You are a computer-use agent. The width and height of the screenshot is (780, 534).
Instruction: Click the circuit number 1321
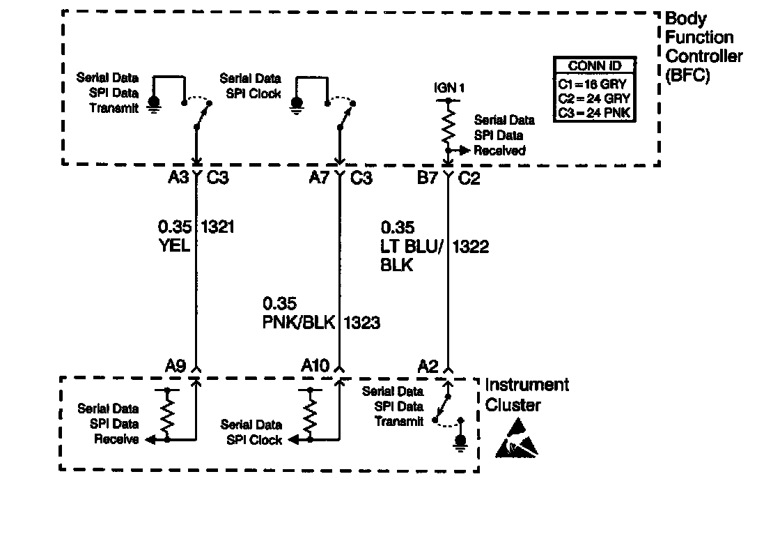point(217,227)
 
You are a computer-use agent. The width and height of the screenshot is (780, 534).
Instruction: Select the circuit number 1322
point(471,246)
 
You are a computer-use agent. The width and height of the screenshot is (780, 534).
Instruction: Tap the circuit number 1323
point(361,323)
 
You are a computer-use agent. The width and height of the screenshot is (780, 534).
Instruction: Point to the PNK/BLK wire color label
point(299,323)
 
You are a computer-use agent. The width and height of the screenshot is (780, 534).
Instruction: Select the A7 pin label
point(320,178)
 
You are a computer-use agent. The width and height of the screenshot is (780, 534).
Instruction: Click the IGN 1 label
point(448,88)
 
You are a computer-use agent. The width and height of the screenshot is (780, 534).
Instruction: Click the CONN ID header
point(594,66)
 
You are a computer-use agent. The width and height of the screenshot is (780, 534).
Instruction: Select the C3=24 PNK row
point(594,112)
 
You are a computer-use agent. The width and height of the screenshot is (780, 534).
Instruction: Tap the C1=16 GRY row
point(594,82)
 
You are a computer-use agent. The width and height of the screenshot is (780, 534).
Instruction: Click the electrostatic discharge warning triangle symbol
point(517,439)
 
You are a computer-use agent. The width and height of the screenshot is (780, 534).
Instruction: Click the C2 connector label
point(470,178)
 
